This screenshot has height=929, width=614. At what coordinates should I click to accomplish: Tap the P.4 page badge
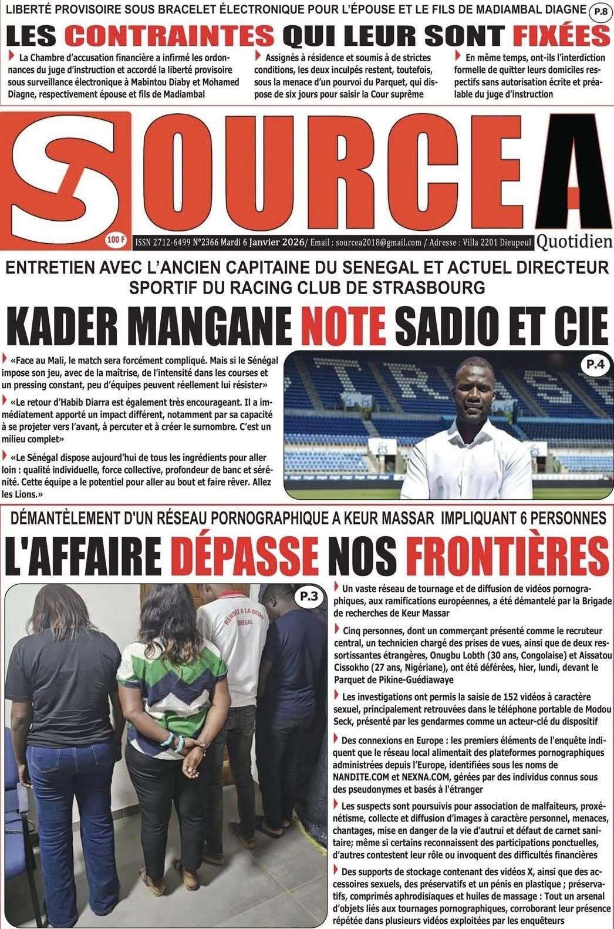coord(591,365)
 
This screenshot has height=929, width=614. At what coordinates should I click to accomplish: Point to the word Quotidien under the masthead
coord(573,241)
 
